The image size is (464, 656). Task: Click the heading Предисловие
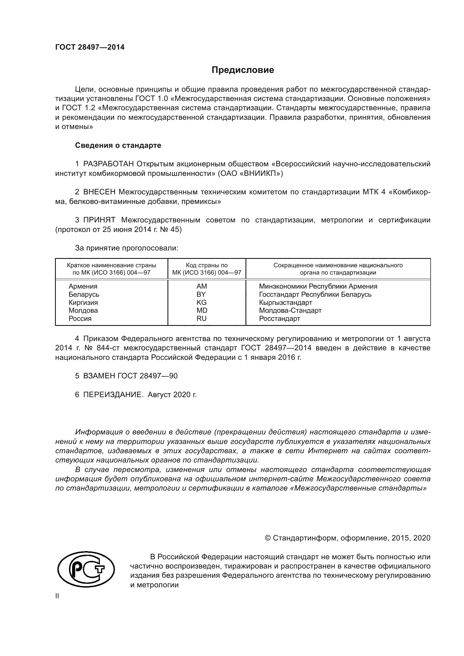243,70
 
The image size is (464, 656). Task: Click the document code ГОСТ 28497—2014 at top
90,47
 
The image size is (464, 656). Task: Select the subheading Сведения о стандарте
118,146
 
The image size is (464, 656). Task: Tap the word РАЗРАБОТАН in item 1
108,164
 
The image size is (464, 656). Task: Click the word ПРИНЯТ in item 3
99,220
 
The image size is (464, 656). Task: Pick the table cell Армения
83,286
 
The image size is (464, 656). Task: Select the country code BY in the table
201,294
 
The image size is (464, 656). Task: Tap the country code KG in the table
201,302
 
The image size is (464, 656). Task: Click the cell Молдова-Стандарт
290,310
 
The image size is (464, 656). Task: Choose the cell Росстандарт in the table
279,319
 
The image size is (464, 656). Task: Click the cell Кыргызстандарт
285,302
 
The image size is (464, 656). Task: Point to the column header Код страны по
206,265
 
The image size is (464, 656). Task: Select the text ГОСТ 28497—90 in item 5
148,376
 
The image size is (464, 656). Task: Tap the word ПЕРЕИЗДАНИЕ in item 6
112,395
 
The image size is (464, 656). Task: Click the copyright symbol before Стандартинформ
268,538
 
